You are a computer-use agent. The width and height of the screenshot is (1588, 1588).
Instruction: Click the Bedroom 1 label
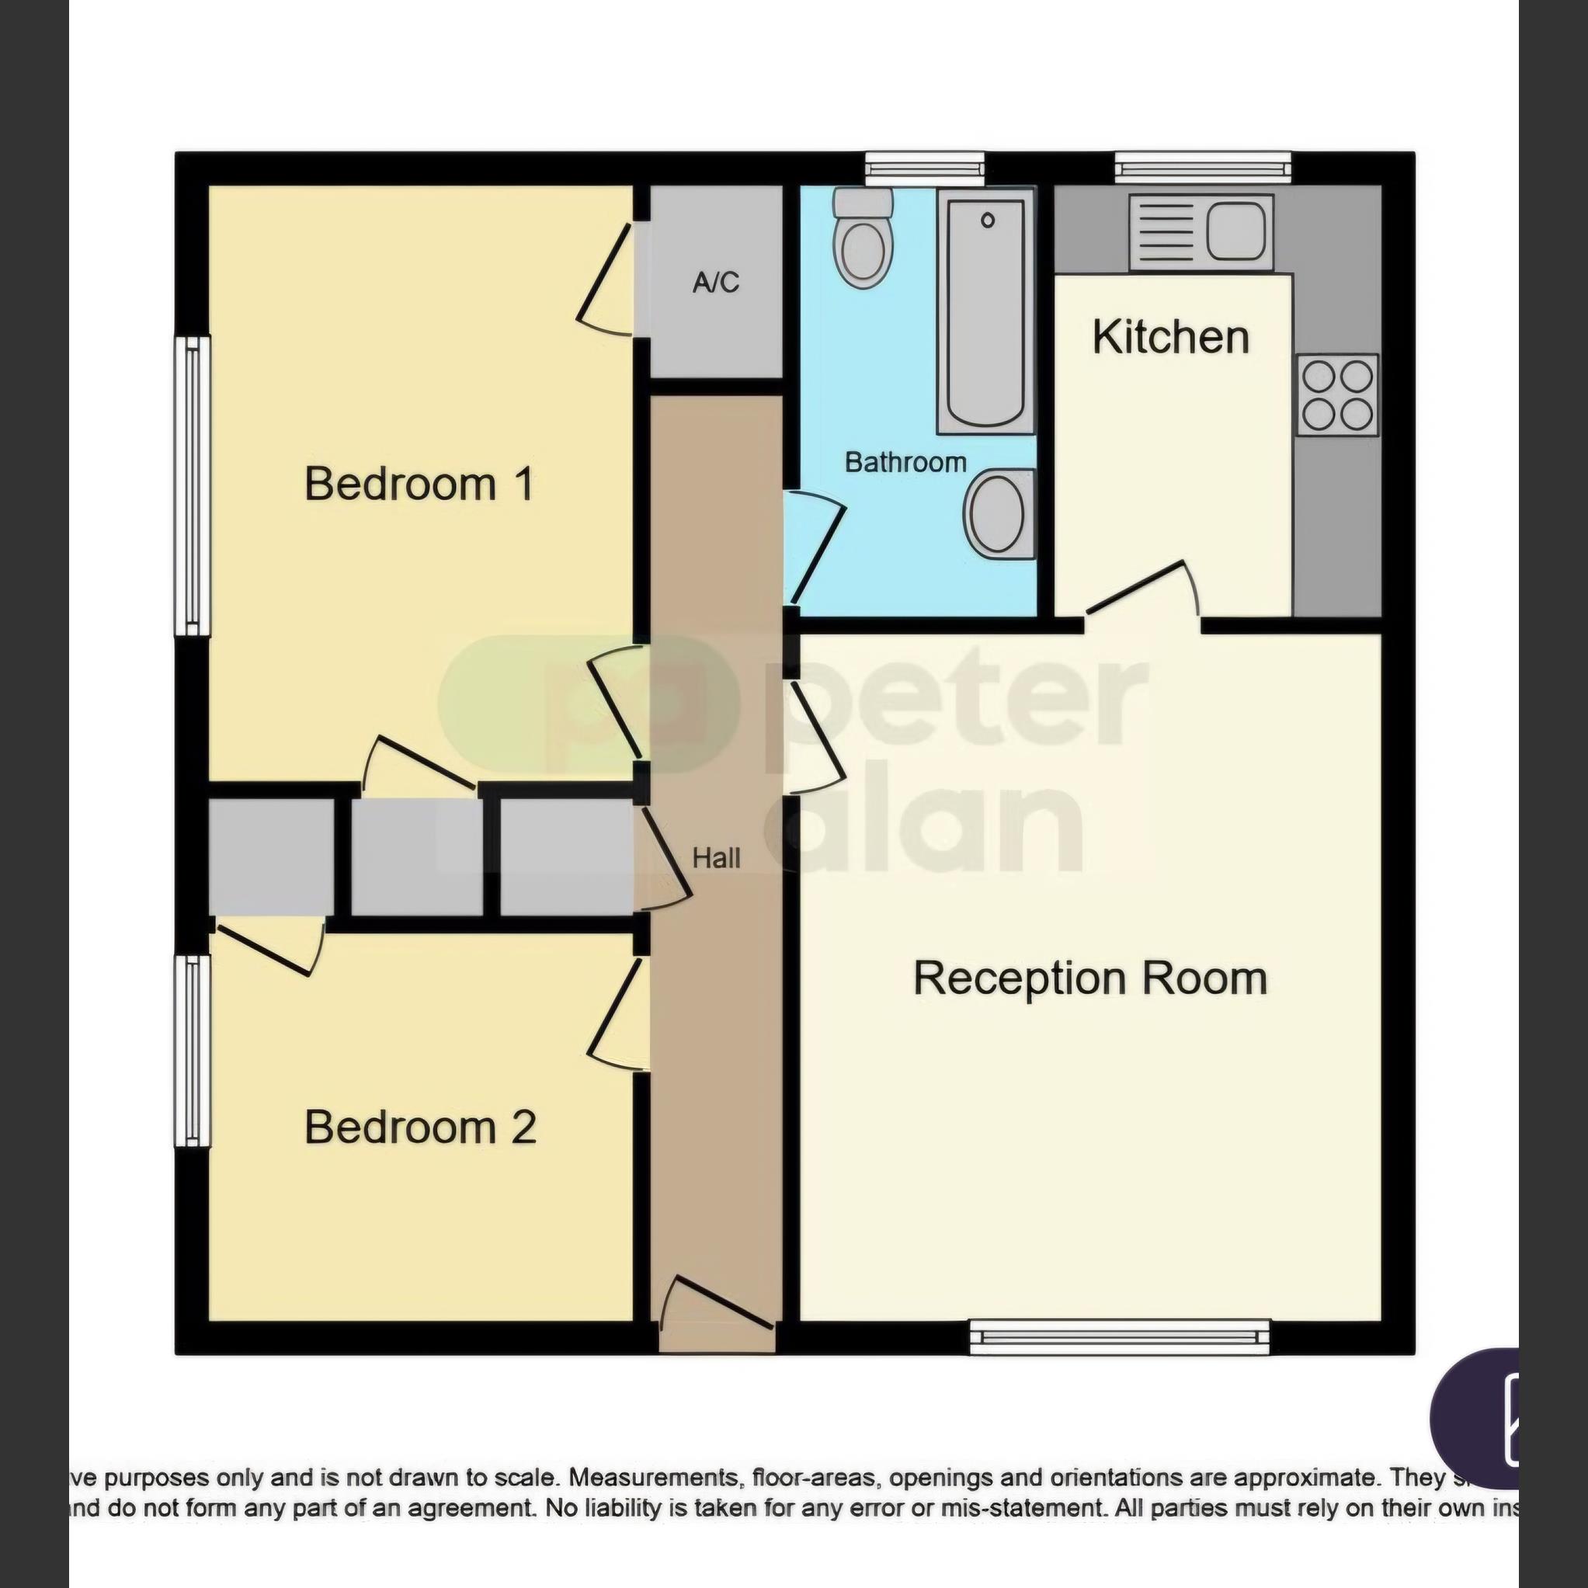pos(419,484)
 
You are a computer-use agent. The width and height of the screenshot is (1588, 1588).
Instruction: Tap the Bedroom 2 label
pos(420,1127)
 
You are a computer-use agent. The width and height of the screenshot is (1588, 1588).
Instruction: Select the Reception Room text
pos(1090,978)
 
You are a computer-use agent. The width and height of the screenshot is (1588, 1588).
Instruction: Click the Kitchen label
pos(1170,338)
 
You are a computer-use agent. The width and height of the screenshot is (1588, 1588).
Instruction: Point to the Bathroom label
pos(905,463)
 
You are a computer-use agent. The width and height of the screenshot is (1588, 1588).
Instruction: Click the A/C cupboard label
pos(715,283)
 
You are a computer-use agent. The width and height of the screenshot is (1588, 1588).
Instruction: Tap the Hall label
pos(716,859)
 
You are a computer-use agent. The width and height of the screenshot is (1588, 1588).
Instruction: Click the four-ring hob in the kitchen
pos(1336,394)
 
